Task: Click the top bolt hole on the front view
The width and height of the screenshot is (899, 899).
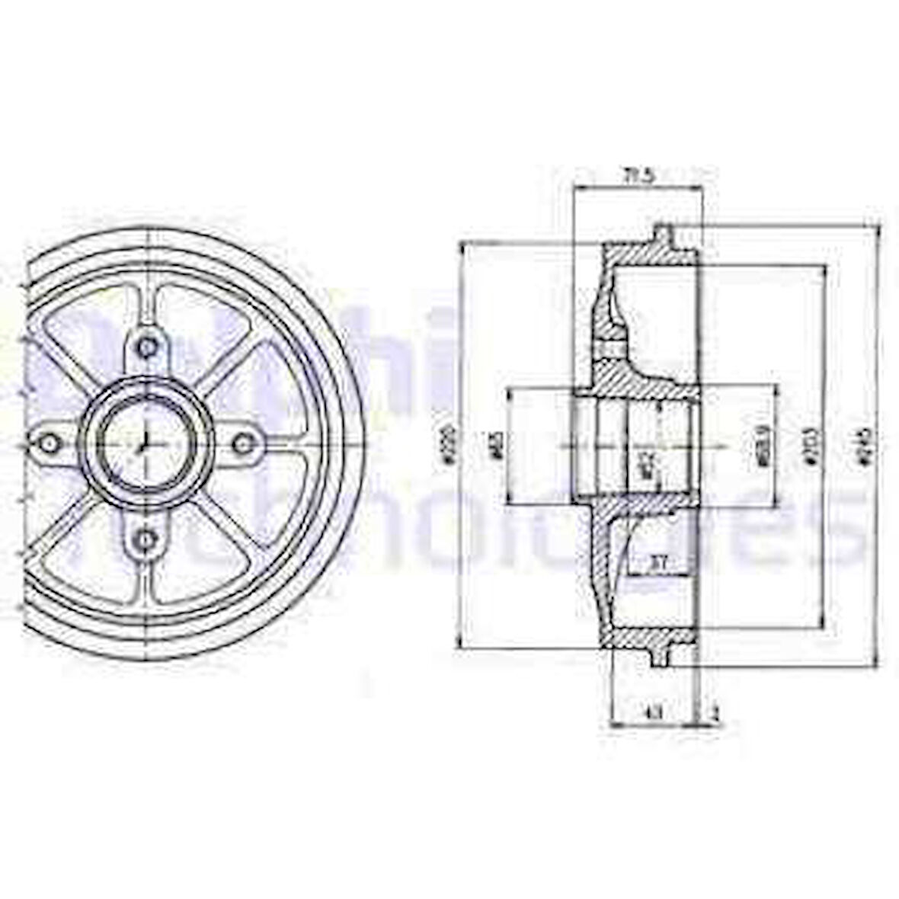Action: pyautogui.click(x=143, y=347)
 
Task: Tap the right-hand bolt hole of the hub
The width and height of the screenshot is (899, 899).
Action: pyautogui.click(x=243, y=442)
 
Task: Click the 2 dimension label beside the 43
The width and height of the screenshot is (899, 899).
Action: pyautogui.click(x=714, y=712)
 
